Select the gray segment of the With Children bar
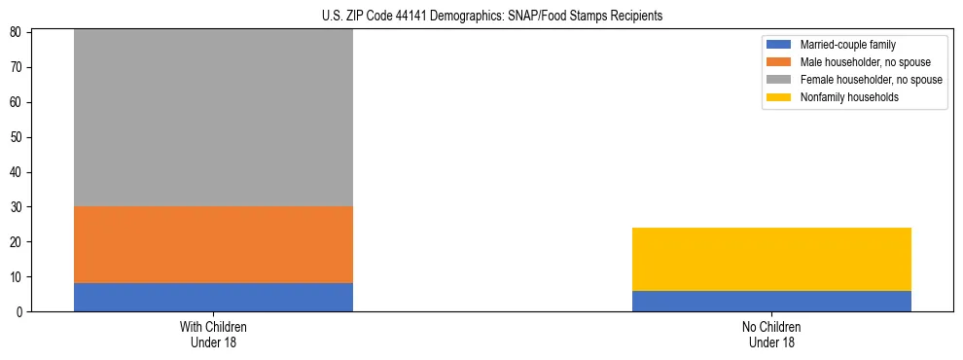pos(213,117)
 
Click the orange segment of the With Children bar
pos(213,245)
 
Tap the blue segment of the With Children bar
pos(213,297)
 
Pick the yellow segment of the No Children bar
pos(771,259)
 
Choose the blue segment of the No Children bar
pos(771,301)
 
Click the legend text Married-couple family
pos(847,45)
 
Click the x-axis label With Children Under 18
pos(213,335)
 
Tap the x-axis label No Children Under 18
pos(771,335)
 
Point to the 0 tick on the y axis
pos(21,311)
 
